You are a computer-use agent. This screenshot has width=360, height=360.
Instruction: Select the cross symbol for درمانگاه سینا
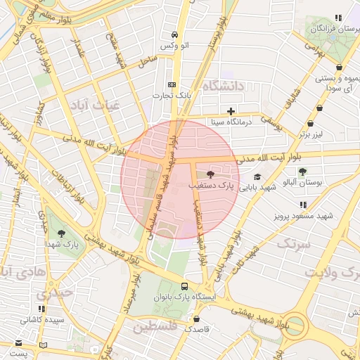[x=231, y=111]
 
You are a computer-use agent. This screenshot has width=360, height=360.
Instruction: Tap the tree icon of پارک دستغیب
[x=210, y=174]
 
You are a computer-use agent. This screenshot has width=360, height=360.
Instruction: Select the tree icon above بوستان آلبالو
[x=302, y=172]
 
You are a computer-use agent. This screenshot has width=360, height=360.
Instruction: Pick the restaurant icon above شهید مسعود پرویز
[x=303, y=205]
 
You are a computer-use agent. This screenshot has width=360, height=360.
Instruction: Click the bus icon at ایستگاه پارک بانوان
[x=184, y=287]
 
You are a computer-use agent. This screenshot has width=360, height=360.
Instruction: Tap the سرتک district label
[x=293, y=244]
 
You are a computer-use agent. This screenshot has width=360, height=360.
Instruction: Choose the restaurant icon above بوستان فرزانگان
[x=339, y=18]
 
